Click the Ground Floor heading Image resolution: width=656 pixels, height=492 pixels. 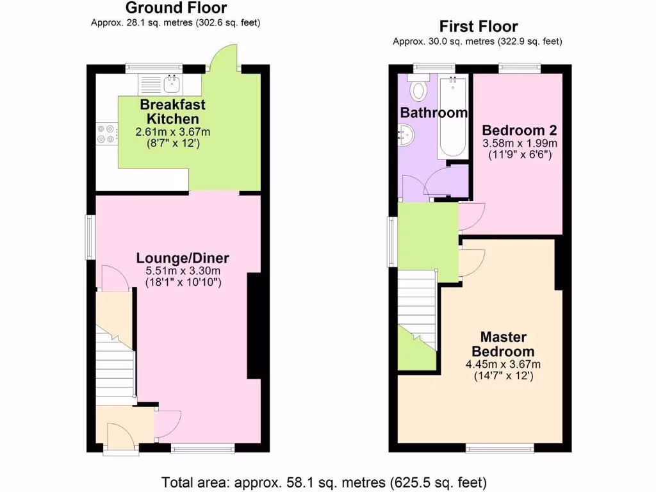(176, 8)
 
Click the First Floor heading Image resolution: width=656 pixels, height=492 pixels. (478, 27)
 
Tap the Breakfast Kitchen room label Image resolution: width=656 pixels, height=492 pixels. (172, 111)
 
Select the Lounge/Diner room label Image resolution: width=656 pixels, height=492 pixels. (182, 258)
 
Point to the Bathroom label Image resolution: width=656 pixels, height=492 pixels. (434, 113)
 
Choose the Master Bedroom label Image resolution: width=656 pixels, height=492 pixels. (503, 344)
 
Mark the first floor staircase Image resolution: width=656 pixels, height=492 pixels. (418, 309)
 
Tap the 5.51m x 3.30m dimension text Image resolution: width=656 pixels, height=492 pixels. (182, 272)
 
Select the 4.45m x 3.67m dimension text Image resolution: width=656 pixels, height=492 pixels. (503, 365)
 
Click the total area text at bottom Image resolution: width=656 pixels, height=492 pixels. (324, 481)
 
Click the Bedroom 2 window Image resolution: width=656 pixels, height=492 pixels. (519, 67)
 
